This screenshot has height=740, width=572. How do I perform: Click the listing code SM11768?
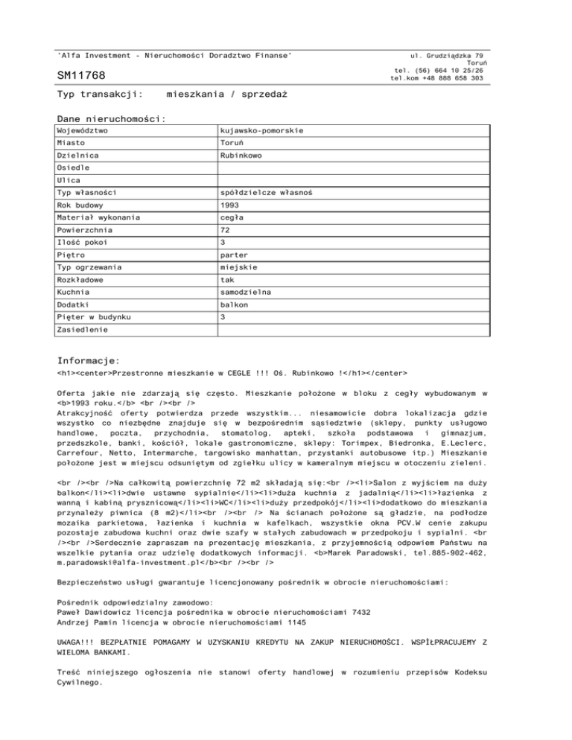tap(81, 76)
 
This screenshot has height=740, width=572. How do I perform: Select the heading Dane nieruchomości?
tap(111, 118)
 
